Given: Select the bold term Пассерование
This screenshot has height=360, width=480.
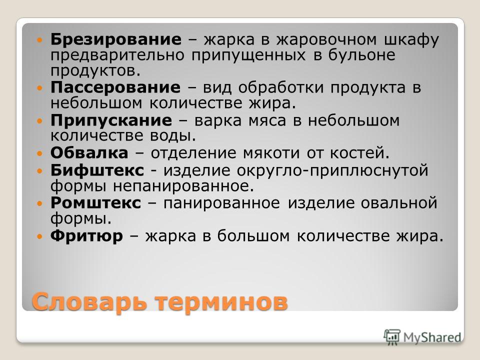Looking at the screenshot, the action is coord(115,88).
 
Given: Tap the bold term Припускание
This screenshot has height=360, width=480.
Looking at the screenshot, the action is coord(111,121).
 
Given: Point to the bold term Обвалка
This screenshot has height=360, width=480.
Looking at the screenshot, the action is coord(89,153).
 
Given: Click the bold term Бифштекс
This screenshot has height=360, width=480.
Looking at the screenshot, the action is coord(97,170).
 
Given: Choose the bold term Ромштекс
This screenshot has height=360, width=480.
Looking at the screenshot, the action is coord(96,202).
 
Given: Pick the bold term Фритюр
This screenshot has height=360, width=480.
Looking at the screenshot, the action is coord(86,235).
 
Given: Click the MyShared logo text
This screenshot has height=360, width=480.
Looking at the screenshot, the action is coord(432,337).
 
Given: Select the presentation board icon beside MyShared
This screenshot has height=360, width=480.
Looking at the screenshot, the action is coord(392,337).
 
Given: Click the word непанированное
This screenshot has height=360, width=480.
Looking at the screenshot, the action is coord(183,186).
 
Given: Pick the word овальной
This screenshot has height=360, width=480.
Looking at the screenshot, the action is coord(399,202).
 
